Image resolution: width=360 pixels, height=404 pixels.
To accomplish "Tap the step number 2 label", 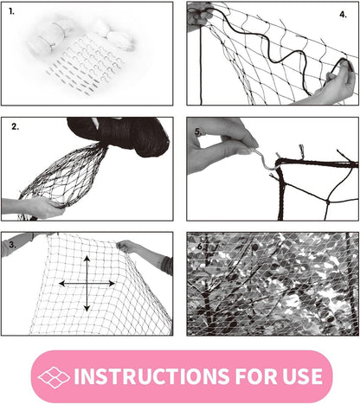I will [x=15, y=127].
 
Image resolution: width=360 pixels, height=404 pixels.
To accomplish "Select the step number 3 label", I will [x=10, y=245].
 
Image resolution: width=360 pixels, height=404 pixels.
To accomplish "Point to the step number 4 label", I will [x=343, y=15].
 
